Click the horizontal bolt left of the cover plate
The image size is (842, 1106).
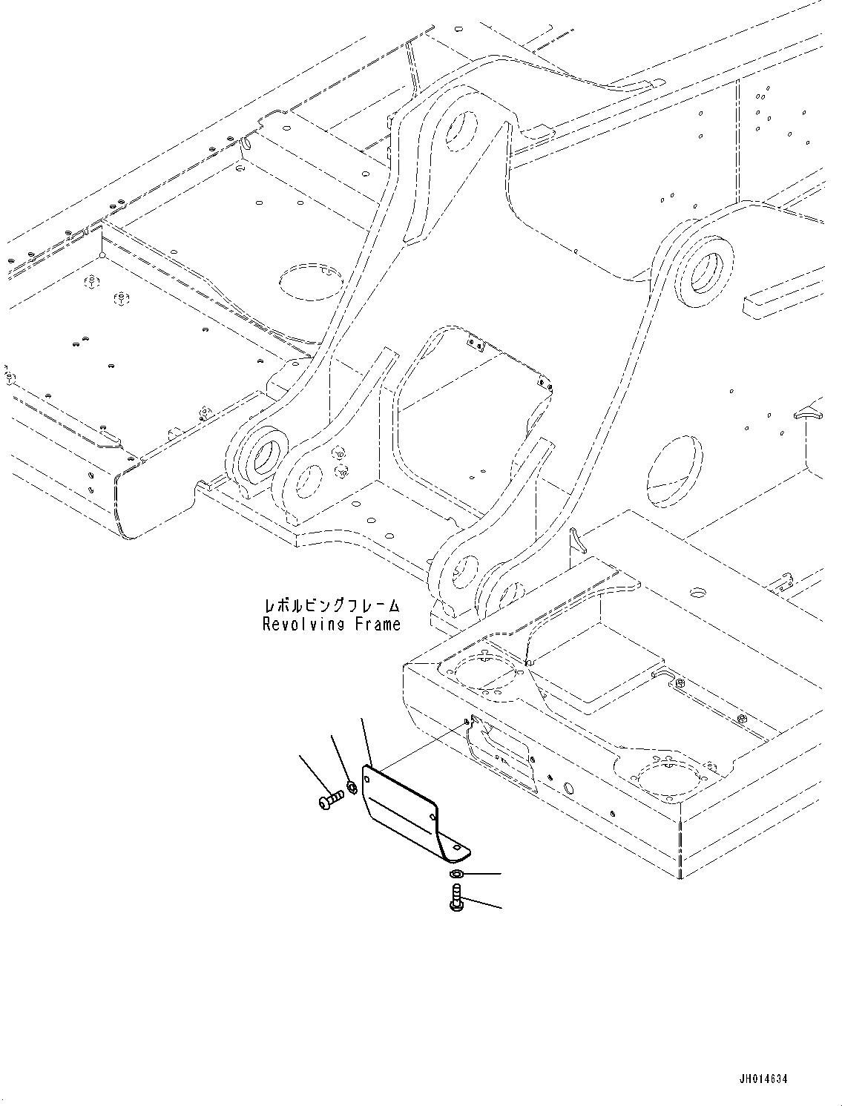[x=331, y=800]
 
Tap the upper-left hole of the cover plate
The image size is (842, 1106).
[x=367, y=778]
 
